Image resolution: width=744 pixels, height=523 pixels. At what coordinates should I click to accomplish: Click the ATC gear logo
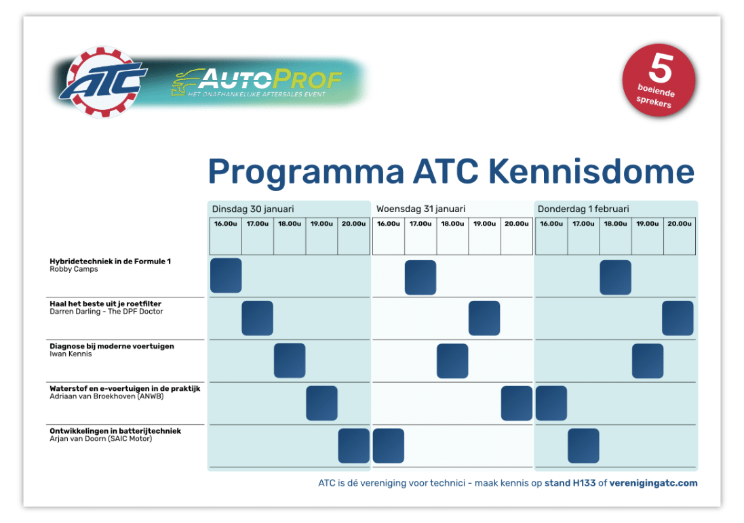pyautogui.click(x=103, y=82)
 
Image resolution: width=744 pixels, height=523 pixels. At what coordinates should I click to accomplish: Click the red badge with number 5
pyautogui.click(x=658, y=81)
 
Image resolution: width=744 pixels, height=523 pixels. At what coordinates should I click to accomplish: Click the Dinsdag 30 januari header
pyautogui.click(x=253, y=209)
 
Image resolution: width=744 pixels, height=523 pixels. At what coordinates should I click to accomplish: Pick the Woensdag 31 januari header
pyautogui.click(x=420, y=209)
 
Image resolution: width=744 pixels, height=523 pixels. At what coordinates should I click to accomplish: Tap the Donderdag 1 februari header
pyautogui.click(x=583, y=209)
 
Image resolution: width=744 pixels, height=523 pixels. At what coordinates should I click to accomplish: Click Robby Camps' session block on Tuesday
pyautogui.click(x=226, y=276)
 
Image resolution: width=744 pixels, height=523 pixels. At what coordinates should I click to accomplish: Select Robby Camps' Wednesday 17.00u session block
pyautogui.click(x=420, y=277)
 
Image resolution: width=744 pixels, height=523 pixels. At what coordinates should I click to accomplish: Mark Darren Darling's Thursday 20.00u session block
pyautogui.click(x=678, y=318)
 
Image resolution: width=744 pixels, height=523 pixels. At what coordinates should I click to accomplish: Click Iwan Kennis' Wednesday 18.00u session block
pyautogui.click(x=452, y=360)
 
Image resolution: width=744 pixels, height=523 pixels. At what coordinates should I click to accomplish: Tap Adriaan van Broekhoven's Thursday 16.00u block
pyautogui.click(x=551, y=403)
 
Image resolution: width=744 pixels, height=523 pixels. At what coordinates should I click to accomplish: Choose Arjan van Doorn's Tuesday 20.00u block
pyautogui.click(x=354, y=446)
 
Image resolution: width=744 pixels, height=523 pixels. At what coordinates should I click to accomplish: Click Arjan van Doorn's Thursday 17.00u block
pyautogui.click(x=583, y=446)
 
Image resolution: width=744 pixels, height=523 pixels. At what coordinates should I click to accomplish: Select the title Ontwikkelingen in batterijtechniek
pyautogui.click(x=115, y=431)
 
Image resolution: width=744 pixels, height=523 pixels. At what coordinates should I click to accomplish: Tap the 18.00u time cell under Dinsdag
pyautogui.click(x=290, y=224)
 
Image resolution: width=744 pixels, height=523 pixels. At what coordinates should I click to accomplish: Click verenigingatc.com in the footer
pyautogui.click(x=653, y=483)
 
